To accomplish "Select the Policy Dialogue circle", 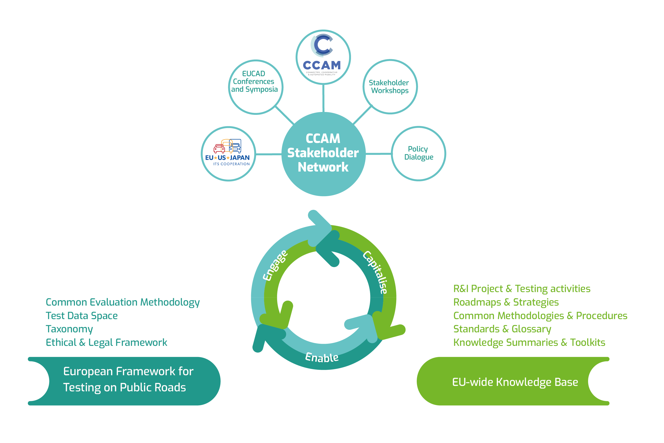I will point(418,153).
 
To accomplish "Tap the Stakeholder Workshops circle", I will point(390,87).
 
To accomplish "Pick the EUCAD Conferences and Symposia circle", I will point(255,87).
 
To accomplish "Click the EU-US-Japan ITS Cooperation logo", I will point(228,153).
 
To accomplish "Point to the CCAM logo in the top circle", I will point(323,56).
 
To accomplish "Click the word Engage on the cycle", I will point(275,266).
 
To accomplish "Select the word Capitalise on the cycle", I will point(375,272).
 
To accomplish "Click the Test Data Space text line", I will point(82,316).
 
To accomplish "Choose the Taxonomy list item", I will point(69,329).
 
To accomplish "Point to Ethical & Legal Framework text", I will point(106,342).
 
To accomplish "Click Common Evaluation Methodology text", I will point(122,302).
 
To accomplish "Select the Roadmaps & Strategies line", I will point(506,302).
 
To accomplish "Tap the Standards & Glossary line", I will point(502,329).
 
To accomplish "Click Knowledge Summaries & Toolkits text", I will point(529,342).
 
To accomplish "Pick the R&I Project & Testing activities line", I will point(522,289).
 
